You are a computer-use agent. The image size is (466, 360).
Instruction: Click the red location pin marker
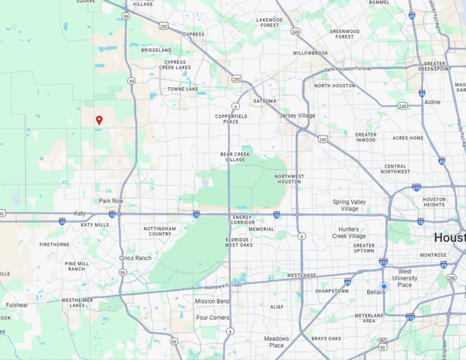[x=99, y=120]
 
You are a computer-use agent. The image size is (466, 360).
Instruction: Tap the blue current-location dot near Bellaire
[x=384, y=287]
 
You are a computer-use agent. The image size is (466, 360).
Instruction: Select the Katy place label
[x=80, y=213]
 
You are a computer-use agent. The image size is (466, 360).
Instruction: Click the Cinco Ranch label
[x=135, y=258]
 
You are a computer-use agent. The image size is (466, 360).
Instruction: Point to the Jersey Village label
[x=297, y=115]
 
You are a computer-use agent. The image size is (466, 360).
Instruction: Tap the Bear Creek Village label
[x=235, y=157]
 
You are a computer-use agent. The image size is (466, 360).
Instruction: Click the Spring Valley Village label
[x=349, y=205]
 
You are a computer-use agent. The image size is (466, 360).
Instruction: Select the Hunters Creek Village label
[x=349, y=233]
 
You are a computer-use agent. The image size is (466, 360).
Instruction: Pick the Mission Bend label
[x=212, y=301]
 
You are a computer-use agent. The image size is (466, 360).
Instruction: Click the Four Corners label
[x=212, y=318]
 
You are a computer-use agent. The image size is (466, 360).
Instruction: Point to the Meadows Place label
[x=277, y=342]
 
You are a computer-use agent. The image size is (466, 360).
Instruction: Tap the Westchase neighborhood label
[x=301, y=276]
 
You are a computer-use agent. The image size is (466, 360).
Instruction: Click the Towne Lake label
[x=183, y=89]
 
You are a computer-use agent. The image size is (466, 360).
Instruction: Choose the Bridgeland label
[x=156, y=50]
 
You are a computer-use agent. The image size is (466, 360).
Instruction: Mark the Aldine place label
[x=432, y=102]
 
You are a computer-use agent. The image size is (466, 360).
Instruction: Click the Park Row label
[x=111, y=201]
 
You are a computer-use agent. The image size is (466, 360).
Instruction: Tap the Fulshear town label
[x=17, y=305]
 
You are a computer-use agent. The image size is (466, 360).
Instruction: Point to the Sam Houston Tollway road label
[x=348, y=69]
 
